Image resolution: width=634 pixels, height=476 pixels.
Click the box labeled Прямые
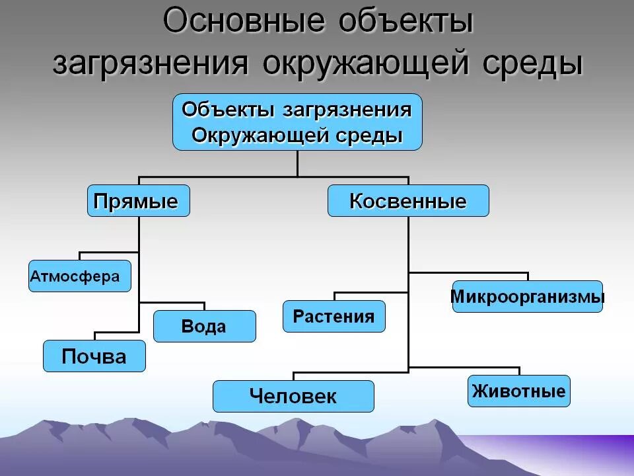point(138,201)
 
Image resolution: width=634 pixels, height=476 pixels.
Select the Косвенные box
point(408,201)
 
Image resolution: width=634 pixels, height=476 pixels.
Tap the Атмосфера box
point(80,276)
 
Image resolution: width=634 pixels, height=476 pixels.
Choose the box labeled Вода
point(204,326)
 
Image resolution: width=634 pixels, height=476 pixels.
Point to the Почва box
point(94,356)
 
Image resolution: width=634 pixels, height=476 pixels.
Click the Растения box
point(334,316)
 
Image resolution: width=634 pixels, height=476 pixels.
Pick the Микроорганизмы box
point(527,297)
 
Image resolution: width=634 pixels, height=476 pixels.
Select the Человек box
point(293,396)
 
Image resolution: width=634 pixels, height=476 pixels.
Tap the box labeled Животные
point(518,391)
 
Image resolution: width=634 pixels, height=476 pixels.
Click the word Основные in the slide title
point(244,22)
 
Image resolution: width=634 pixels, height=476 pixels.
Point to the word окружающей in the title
point(370,64)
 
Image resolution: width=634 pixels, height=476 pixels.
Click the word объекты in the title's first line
point(406,22)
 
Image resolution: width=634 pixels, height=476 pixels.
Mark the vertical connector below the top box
point(297,163)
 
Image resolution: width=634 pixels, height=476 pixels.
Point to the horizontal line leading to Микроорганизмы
point(469,272)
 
